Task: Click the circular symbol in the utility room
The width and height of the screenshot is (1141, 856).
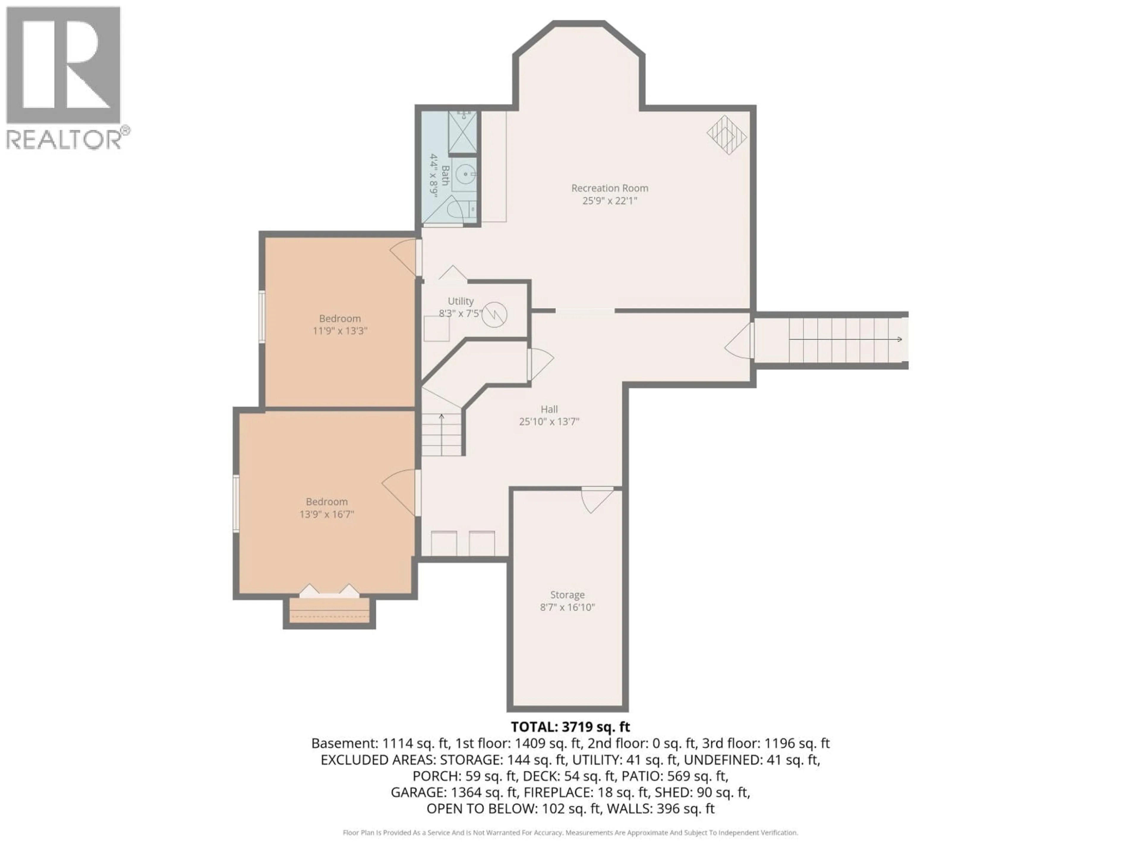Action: (494, 314)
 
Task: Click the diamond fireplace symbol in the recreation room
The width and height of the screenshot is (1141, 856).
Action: (726, 135)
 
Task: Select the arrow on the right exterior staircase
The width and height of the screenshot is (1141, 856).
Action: (898, 339)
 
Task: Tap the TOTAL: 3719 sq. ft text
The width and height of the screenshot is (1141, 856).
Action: (570, 727)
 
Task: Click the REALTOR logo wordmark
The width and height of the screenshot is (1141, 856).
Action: (64, 139)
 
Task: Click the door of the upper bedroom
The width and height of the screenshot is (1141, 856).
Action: (405, 257)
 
